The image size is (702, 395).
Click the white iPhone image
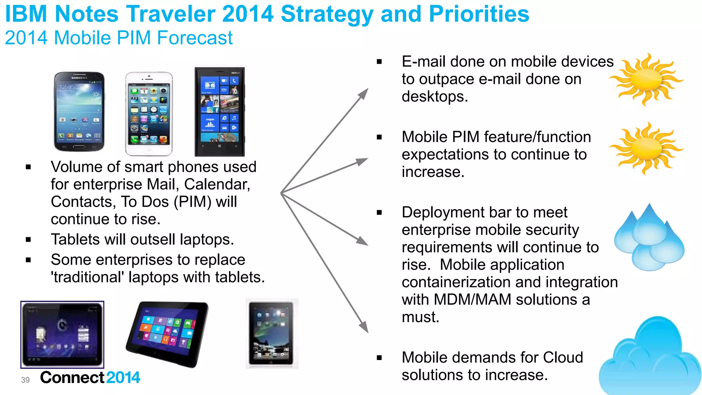click(149, 113)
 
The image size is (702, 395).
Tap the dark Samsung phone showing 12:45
click(79, 111)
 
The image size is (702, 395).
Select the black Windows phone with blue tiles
click(220, 111)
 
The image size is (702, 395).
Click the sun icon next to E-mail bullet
click(646, 80)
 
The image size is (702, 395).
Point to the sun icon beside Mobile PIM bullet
click(646, 148)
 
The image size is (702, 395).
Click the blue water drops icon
click(649, 238)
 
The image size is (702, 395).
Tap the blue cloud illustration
click(650, 358)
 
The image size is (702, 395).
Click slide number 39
click(25, 380)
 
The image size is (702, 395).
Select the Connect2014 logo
click(90, 378)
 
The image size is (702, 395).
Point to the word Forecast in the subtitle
click(195, 38)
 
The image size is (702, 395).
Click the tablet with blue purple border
click(62, 334)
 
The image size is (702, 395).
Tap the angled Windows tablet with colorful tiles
click(168, 334)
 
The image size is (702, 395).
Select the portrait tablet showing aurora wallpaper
click(272, 333)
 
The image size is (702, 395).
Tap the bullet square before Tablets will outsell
click(28, 240)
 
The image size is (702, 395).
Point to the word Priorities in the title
click(479, 14)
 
